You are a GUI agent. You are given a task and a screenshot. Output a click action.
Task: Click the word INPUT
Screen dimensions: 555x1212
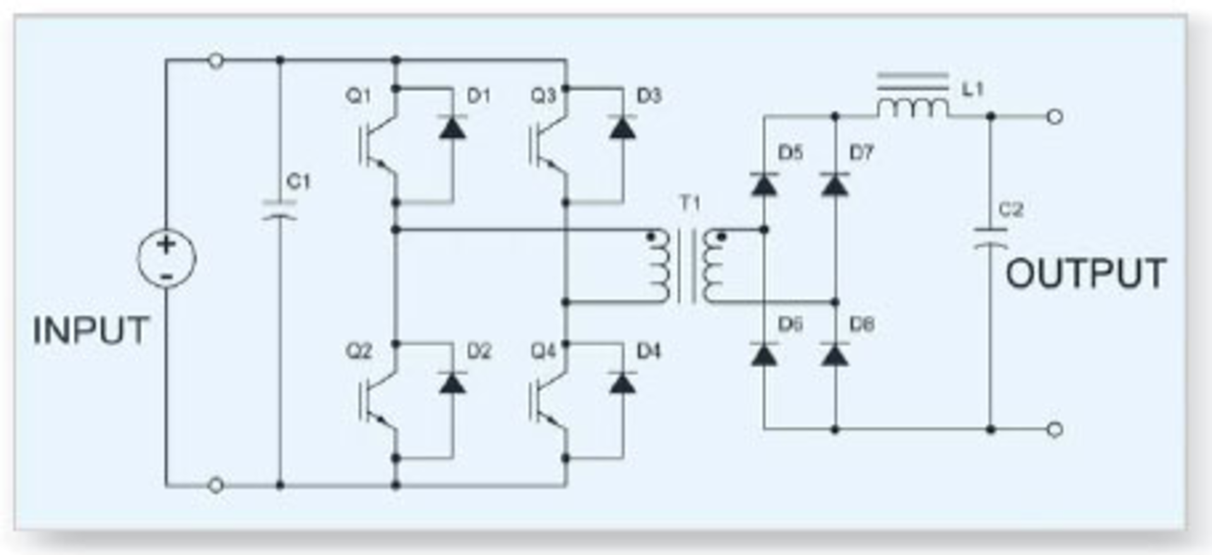pyautogui.click(x=90, y=330)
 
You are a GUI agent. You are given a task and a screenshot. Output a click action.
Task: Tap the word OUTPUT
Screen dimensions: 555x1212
pyautogui.click(x=1085, y=273)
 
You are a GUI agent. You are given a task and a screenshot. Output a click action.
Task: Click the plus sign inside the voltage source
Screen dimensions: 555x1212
pyautogui.click(x=166, y=245)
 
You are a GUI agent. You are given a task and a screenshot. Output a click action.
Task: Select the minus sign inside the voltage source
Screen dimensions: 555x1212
pyautogui.click(x=166, y=276)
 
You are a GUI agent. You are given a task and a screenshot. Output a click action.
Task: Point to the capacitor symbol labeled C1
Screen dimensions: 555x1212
pyautogui.click(x=280, y=211)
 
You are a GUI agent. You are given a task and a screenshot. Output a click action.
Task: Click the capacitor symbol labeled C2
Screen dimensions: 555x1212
pyautogui.click(x=990, y=238)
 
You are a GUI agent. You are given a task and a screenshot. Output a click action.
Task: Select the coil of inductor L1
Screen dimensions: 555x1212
pyautogui.click(x=913, y=108)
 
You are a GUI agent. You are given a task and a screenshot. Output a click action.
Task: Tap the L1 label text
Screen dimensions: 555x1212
pyautogui.click(x=973, y=90)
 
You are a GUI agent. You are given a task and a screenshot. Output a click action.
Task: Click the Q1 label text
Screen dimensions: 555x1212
pyautogui.click(x=359, y=96)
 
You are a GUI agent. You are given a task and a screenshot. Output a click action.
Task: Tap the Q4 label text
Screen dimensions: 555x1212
pyautogui.click(x=544, y=351)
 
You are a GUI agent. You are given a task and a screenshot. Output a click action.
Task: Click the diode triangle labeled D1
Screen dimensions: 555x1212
pyautogui.click(x=453, y=128)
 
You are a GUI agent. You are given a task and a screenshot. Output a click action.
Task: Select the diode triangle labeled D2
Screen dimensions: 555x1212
pyautogui.click(x=453, y=383)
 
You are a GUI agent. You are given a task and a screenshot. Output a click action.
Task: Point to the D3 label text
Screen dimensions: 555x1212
pyautogui.click(x=648, y=96)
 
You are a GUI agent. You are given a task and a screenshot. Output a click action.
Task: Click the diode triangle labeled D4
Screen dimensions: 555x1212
pyautogui.click(x=622, y=383)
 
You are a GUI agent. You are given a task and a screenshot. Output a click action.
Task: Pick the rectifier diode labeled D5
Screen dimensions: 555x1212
pyautogui.click(x=764, y=184)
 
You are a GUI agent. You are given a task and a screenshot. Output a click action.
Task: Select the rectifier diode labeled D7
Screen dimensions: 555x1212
pyautogui.click(x=835, y=184)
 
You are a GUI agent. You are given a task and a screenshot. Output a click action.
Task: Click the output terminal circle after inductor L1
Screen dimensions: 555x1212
pyautogui.click(x=1055, y=117)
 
